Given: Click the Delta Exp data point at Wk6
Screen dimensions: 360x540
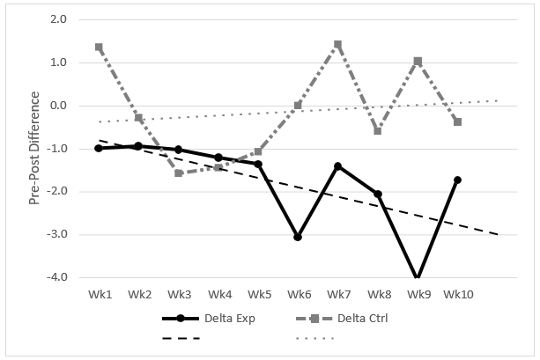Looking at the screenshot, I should (298, 238).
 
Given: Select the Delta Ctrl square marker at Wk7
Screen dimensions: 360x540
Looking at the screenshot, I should (337, 44).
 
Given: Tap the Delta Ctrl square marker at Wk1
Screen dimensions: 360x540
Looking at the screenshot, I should (99, 47).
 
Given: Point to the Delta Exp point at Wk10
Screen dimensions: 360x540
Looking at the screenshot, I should (457, 180).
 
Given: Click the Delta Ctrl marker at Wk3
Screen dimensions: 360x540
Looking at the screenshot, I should (178, 173).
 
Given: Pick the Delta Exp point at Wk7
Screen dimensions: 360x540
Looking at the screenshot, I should (337, 165).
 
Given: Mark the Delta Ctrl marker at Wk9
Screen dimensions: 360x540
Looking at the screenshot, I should (418, 61).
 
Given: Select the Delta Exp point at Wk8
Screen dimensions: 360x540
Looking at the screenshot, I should (378, 194).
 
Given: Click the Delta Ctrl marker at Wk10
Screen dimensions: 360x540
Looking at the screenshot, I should (457, 121).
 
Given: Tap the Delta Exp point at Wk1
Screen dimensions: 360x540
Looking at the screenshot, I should (99, 148).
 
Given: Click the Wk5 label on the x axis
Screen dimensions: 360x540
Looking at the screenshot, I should (258, 293).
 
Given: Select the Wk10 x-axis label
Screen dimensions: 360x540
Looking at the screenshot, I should (457, 293).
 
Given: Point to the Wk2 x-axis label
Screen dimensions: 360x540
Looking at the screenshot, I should (138, 293).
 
